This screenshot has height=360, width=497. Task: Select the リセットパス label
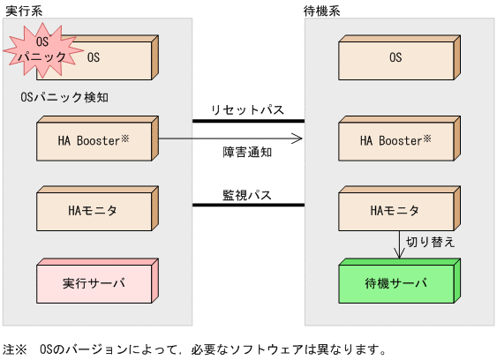(x=247, y=109)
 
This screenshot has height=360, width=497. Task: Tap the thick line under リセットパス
(x=248, y=121)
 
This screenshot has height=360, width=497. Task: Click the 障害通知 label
(x=246, y=151)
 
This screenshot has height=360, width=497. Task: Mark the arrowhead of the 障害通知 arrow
(x=298, y=139)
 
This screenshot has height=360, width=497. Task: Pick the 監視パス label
(x=247, y=194)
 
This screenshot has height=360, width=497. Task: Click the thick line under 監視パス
(x=248, y=206)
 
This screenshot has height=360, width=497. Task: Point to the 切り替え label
(x=429, y=241)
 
